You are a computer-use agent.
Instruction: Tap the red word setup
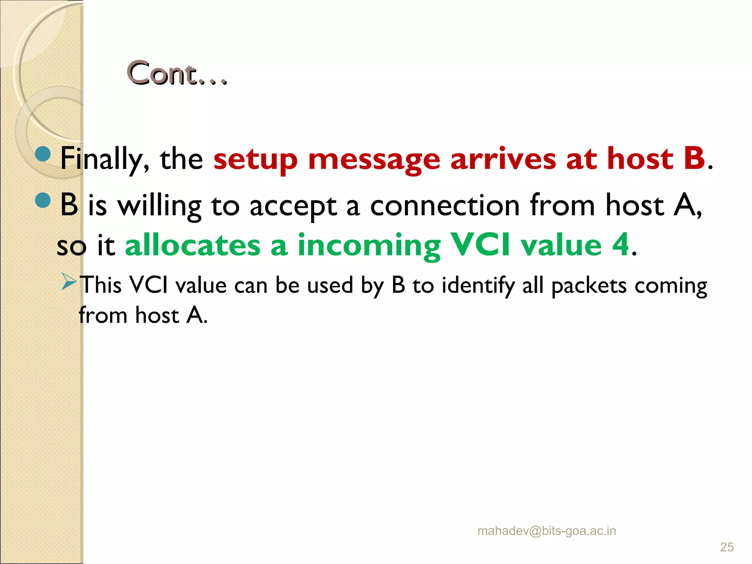click(255, 159)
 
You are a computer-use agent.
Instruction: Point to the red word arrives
click(503, 159)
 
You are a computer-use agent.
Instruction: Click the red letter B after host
click(694, 158)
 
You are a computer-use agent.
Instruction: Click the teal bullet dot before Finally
click(43, 154)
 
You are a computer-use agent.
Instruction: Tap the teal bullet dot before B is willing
click(43, 200)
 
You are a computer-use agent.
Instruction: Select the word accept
click(293, 207)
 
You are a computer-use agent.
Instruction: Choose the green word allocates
click(192, 245)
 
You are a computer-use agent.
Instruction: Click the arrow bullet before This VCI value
click(69, 282)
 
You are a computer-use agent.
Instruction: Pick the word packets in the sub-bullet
click(589, 286)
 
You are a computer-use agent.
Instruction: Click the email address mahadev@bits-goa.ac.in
click(546, 531)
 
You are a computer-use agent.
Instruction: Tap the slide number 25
click(727, 547)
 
